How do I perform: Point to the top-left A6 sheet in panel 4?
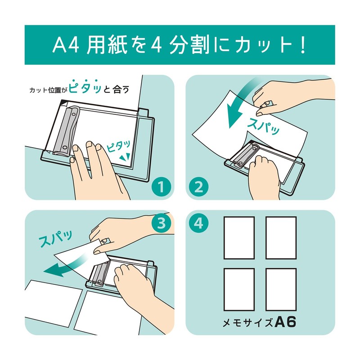[x=239, y=238]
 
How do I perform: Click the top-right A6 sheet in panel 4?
[x=281, y=238]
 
